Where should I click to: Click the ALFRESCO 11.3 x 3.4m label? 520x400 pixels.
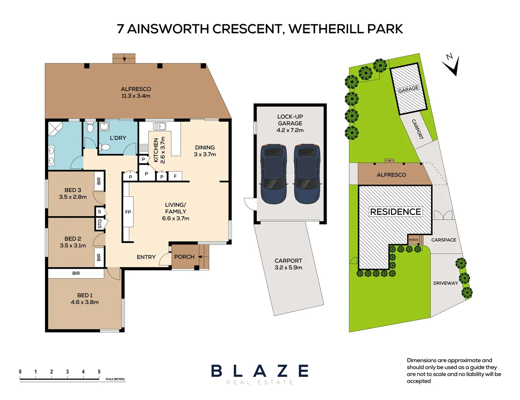[136, 92]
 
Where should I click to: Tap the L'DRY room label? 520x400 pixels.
[118, 138]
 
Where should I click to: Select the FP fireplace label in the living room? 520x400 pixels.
[128, 212]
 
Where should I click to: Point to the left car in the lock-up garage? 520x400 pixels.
[274, 174]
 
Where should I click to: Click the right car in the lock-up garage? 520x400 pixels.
[307, 174]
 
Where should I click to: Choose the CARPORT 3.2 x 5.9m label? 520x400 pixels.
[288, 264]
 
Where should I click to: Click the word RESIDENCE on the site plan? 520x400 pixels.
[396, 211]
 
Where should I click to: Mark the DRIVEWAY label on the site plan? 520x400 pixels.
[446, 283]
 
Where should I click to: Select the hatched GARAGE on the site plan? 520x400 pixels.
[409, 89]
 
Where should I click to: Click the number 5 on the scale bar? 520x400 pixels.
[99, 371]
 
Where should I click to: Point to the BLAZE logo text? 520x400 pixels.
[260, 371]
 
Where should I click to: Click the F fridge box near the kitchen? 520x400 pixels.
[175, 176]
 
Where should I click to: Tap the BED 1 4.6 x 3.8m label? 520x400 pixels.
[85, 299]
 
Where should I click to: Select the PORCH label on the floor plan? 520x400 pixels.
[184, 257]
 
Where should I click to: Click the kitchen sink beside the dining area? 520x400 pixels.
[159, 127]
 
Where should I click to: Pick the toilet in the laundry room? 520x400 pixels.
[105, 148]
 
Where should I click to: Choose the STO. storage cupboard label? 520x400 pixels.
[100, 224]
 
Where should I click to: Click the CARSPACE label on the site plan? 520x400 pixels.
[443, 240]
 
